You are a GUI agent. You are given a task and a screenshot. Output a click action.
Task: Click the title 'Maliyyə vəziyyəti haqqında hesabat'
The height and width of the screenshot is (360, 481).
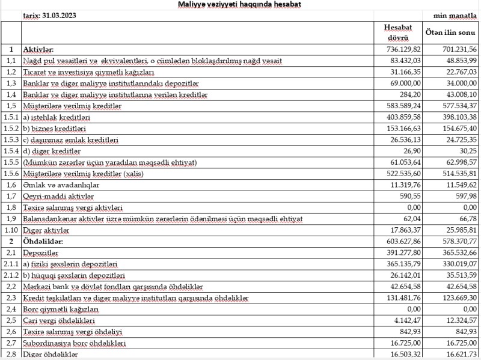pyautogui.click(x=240, y=5)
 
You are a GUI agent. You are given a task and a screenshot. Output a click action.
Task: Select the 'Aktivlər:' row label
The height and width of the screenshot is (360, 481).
pyautogui.click(x=38, y=49)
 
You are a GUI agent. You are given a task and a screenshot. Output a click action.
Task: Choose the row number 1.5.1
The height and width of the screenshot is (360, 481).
pyautogui.click(x=10, y=117)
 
